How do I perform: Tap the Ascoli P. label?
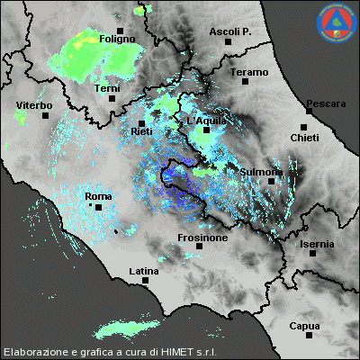(x=229, y=31)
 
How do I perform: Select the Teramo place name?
(x=248, y=72)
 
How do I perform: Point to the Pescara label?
(x=325, y=103)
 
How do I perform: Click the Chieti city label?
(x=304, y=137)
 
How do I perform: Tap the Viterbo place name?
(x=34, y=106)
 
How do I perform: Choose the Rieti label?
(x=141, y=131)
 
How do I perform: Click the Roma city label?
(x=97, y=196)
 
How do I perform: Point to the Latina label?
(x=143, y=271)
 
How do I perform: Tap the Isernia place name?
(x=317, y=244)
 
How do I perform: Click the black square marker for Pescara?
(x=304, y=112)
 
